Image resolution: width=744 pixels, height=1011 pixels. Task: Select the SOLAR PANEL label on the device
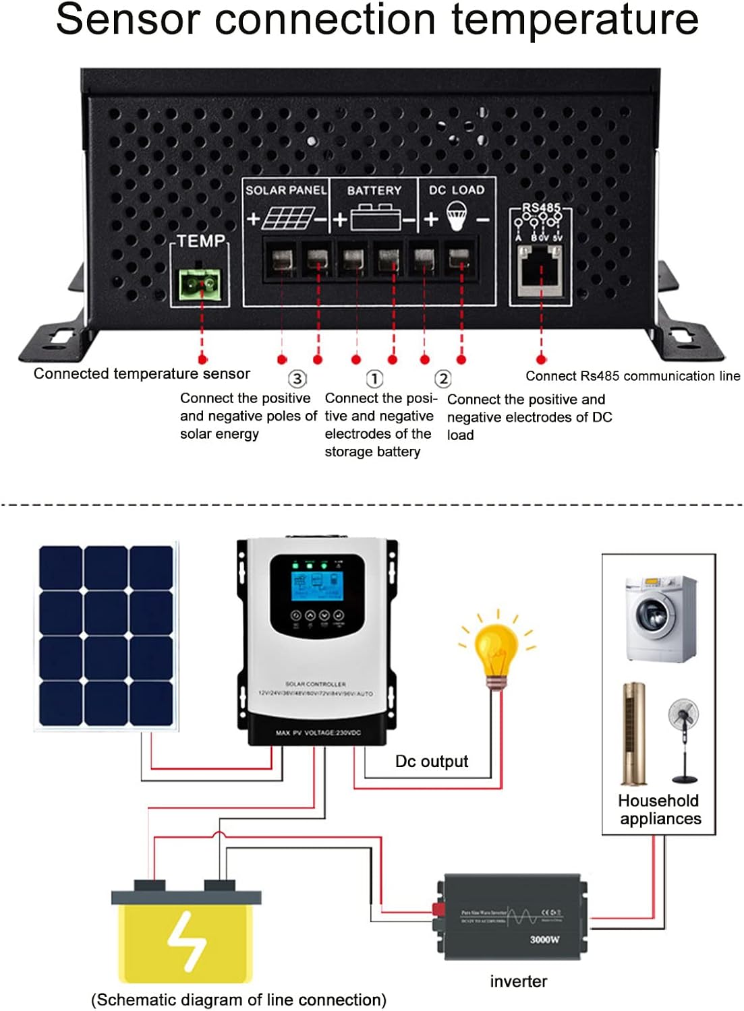point(285,190)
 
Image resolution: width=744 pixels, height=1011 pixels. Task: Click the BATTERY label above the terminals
point(374,191)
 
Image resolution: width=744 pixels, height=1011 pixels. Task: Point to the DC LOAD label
point(457,190)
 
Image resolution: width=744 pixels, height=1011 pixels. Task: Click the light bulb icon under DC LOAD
point(457,218)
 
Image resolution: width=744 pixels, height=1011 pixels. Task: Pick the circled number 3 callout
point(297,379)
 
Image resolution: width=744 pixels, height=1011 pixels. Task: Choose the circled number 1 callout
point(374,379)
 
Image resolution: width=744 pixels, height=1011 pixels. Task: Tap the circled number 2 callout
point(442,379)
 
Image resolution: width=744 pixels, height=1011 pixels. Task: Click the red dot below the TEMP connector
point(202,359)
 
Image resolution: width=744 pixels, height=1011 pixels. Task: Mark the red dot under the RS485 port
point(540,359)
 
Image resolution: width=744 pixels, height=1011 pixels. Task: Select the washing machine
point(660,618)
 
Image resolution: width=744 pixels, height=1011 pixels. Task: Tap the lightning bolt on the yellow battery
point(186,940)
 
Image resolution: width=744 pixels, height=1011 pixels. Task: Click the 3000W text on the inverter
point(544,939)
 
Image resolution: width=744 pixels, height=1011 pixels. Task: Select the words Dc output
point(431,762)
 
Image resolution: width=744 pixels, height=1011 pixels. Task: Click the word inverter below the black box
point(518,981)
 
